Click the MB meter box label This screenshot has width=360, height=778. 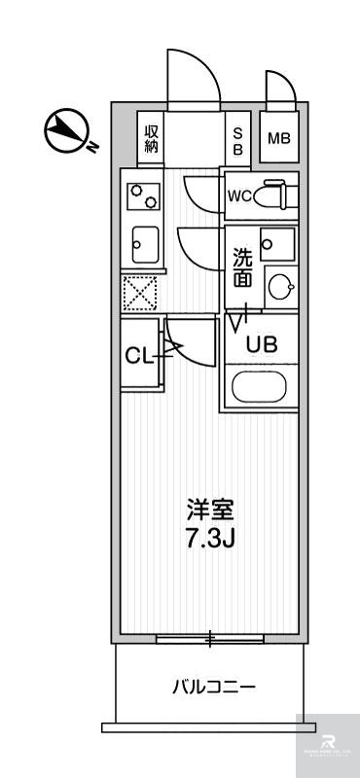click(278, 139)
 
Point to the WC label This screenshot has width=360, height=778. click(239, 195)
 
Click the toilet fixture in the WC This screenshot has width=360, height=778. click(278, 194)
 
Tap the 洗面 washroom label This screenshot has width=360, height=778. click(243, 267)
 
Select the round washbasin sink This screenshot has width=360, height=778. click(280, 285)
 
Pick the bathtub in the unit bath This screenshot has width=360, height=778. click(259, 388)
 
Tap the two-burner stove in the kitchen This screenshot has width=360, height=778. click(144, 197)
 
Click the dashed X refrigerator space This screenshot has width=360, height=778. click(141, 292)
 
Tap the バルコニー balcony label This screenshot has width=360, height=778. click(214, 688)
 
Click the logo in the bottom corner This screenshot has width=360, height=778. click(327, 745)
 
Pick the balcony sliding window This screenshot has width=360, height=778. click(210, 639)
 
